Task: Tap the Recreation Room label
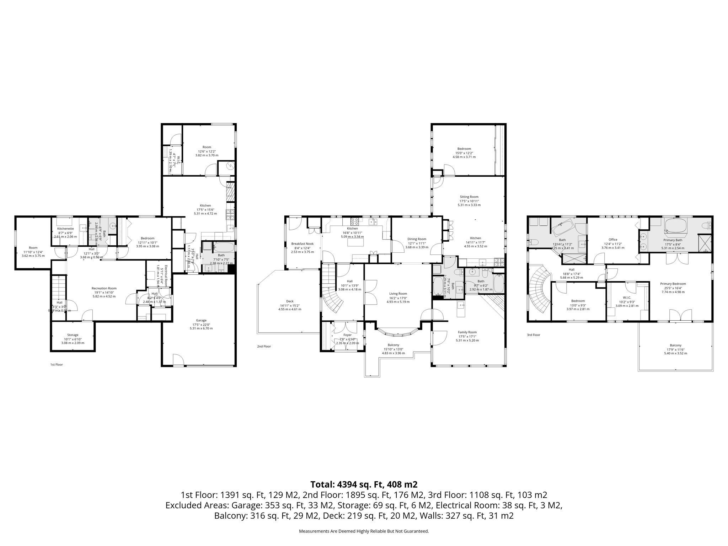coord(104,288)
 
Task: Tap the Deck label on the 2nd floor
coord(290,301)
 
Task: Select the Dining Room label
coord(417,239)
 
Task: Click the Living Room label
coord(398,294)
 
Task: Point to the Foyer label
coord(347,335)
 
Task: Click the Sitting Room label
coord(469,197)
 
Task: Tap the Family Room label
coord(467,332)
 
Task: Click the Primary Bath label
coord(673,240)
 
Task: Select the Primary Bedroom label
coord(673,284)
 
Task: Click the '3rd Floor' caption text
coord(534,335)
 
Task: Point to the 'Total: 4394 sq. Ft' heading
coord(364,485)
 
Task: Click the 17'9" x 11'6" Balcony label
coord(675,345)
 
